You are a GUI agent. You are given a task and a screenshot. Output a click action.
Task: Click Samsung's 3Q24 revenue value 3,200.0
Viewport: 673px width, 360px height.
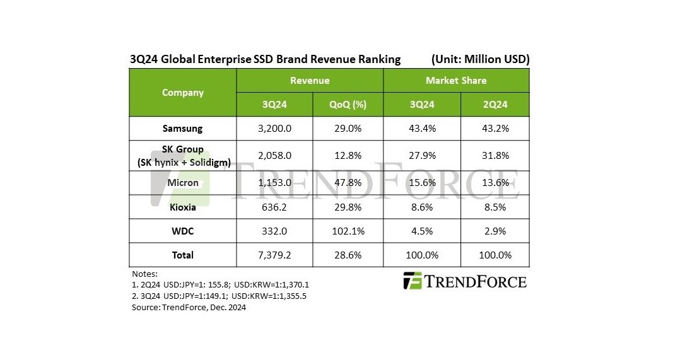click(274, 128)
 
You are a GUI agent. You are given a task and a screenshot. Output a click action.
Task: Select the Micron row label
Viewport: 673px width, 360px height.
click(182, 183)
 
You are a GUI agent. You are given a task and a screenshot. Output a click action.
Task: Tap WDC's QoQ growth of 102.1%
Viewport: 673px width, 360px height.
click(348, 231)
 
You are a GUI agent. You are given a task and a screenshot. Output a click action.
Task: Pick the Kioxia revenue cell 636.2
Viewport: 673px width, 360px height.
click(274, 207)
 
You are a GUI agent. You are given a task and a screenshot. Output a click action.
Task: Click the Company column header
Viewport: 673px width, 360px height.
click(183, 93)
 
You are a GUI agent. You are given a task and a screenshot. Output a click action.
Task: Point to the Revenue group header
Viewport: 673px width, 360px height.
click(310, 81)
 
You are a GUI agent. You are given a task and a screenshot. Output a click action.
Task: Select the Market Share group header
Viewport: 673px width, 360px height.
click(456, 81)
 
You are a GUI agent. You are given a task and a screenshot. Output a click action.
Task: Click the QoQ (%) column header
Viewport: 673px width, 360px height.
click(348, 105)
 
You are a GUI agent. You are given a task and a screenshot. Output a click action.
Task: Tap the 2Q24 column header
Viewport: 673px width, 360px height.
click(495, 105)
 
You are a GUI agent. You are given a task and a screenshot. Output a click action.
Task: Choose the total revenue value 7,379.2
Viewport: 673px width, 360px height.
click(274, 255)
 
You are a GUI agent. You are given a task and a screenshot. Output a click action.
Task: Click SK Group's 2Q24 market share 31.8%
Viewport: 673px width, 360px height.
click(495, 155)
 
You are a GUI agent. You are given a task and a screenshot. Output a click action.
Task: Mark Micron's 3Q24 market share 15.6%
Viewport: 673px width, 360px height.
click(422, 183)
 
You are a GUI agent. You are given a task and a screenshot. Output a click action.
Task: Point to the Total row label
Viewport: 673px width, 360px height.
click(182, 255)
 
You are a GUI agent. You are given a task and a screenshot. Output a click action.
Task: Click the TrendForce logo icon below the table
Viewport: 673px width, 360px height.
click(413, 281)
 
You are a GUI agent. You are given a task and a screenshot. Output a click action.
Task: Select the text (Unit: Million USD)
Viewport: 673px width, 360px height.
click(480, 59)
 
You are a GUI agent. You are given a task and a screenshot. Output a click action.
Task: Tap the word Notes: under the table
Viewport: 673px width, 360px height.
click(144, 274)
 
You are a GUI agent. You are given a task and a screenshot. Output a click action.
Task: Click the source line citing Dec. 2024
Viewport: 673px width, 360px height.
click(189, 308)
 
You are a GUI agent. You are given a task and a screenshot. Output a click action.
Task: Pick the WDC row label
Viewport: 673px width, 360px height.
click(182, 231)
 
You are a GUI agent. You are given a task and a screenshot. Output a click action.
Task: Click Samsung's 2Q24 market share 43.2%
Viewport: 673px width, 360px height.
click(495, 128)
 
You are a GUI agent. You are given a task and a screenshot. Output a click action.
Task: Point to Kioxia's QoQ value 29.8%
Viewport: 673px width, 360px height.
click(348, 207)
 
